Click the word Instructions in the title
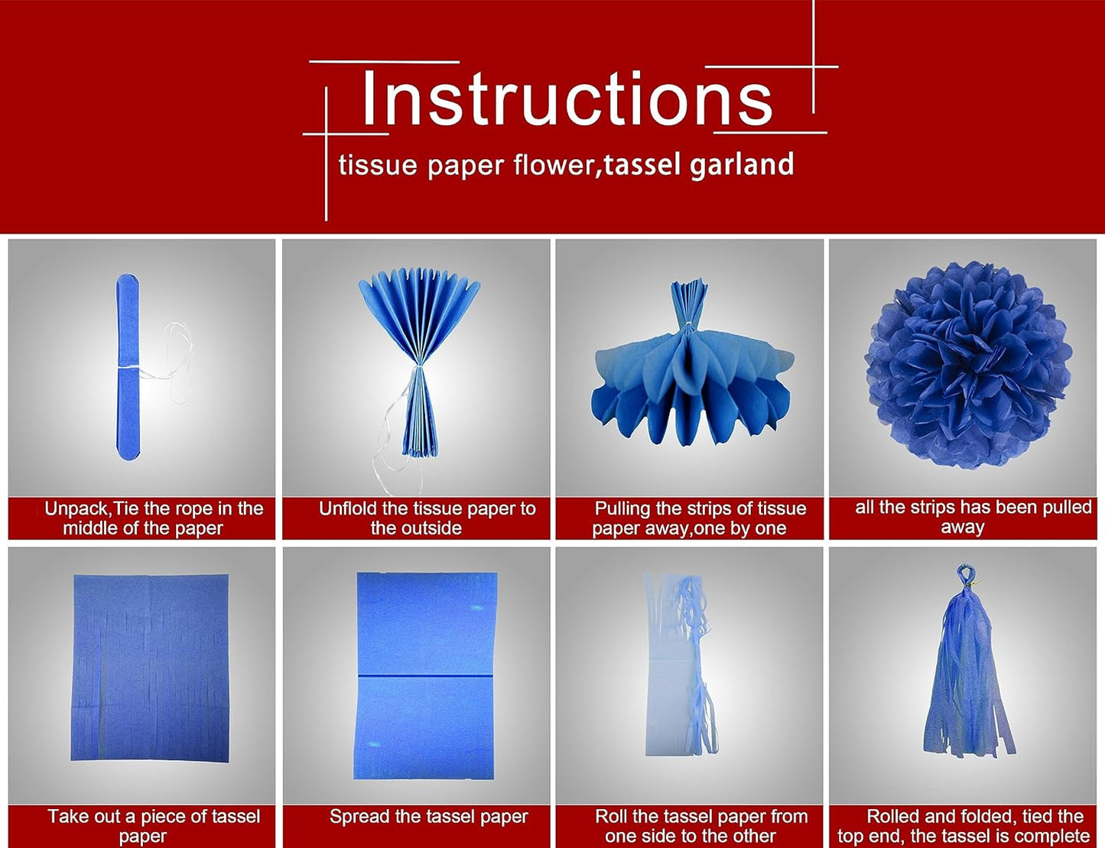tap(567, 99)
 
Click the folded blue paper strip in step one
tap(128, 367)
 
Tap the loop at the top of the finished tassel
tap(965, 573)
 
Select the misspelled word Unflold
tap(348, 508)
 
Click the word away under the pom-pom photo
tap(962, 528)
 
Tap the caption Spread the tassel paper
tap(428, 817)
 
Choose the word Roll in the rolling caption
tap(612, 817)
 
